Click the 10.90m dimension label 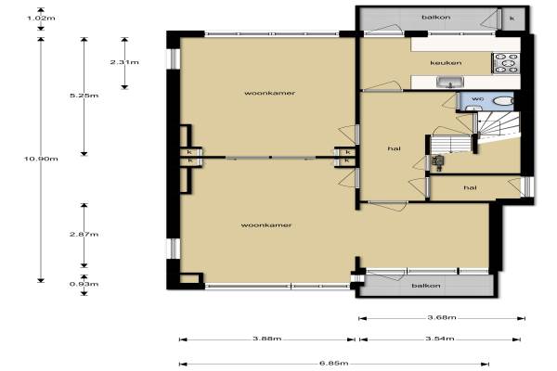41,159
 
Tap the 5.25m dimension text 84,96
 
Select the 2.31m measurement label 124,62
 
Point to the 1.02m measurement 41,19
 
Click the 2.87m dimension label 84,235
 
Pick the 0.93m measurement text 84,284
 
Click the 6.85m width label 334,364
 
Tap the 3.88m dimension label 267,339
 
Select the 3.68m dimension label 442,317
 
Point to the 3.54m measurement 440,339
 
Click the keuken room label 446,63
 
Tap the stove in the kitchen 506,64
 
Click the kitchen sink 450,83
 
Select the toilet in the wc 503,101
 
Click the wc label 478,98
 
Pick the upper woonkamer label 269,93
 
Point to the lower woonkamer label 266,225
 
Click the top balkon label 436,17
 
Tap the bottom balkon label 426,286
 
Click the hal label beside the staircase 395,148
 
